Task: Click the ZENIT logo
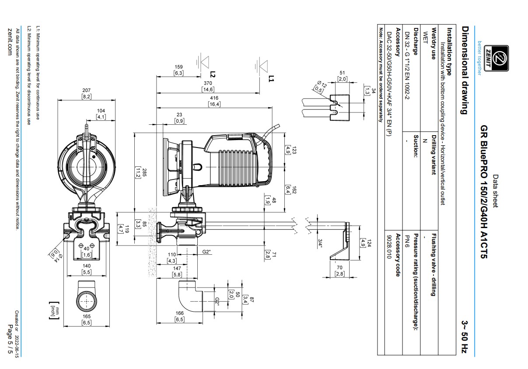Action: click(496, 58)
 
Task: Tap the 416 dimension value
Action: click(214, 98)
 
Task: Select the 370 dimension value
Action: click(208, 83)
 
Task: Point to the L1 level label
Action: click(271, 78)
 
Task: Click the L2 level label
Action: click(213, 74)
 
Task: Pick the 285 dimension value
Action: click(144, 172)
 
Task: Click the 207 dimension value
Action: click(87, 90)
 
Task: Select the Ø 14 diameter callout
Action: click(59, 258)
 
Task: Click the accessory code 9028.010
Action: click(389, 246)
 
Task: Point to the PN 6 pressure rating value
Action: click(407, 241)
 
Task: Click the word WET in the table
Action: click(425, 38)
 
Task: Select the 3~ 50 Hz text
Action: click(465, 337)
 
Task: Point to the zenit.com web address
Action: click(10, 42)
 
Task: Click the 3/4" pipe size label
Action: click(320, 243)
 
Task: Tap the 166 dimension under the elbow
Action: click(179, 313)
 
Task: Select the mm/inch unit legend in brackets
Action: click(54, 310)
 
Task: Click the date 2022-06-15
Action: click(17, 347)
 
